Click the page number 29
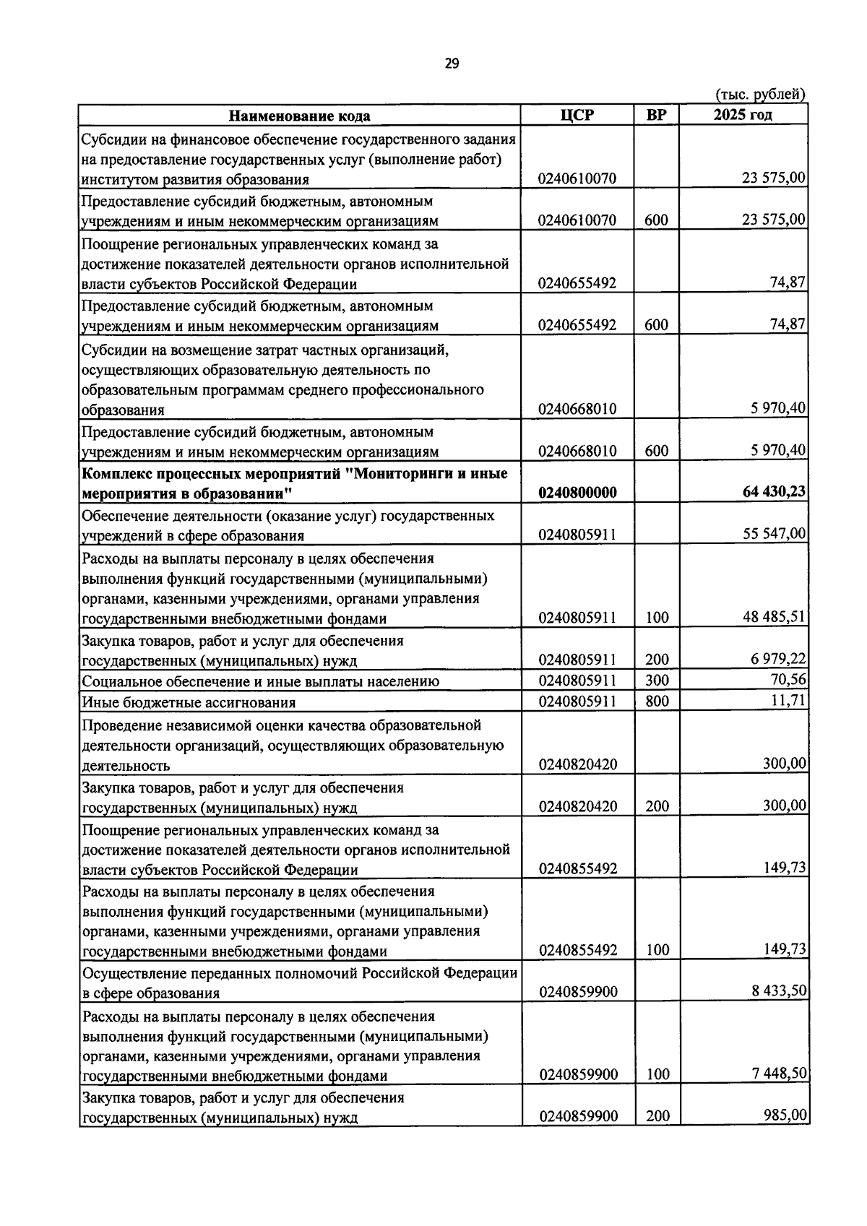452,64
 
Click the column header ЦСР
577,115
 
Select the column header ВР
656,115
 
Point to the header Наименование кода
300,116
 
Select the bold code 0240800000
577,493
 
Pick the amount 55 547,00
774,534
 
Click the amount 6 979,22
778,659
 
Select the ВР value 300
657,680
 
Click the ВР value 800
657,701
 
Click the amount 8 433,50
778,990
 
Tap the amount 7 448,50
778,1074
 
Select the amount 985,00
785,1115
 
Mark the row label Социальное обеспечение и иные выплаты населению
260,681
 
